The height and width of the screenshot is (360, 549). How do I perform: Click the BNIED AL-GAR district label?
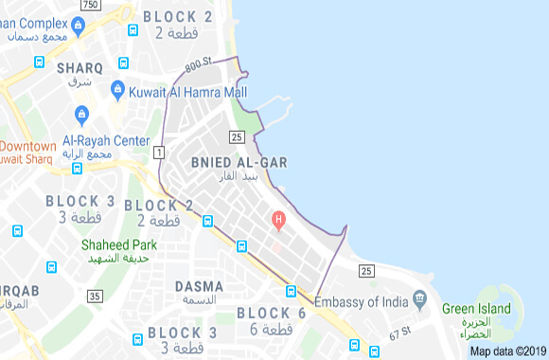pos(238,162)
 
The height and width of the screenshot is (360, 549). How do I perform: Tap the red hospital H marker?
pos(278,221)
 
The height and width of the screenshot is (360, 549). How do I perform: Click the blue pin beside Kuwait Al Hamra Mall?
pos(117,90)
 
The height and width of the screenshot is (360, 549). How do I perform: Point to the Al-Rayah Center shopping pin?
pos(81,117)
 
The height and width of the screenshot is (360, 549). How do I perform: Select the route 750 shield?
pos(91,6)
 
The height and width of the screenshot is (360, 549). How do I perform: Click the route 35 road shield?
pos(94,297)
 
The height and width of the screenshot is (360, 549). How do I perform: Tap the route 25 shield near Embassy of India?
pos(366,272)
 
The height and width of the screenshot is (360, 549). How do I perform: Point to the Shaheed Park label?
pos(118,244)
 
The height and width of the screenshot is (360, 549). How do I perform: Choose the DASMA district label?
pos(199,286)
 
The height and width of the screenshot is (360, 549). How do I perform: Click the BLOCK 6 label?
pos(272,313)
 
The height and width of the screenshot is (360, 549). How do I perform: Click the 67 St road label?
pos(400,332)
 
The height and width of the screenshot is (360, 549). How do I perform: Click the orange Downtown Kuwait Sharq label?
pos(28,152)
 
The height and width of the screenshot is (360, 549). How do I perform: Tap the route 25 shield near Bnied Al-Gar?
pos(237,137)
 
